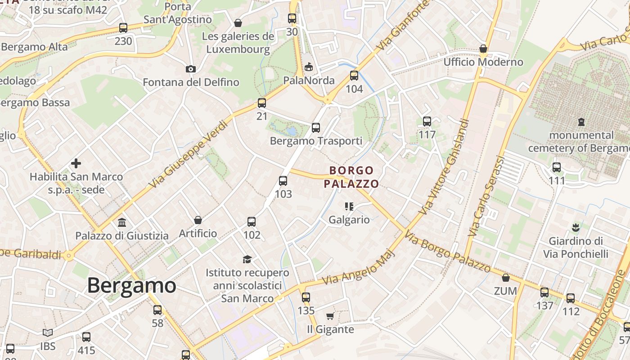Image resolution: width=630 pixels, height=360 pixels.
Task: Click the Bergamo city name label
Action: [131, 285]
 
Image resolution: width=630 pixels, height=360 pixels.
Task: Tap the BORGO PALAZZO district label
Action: [351, 177]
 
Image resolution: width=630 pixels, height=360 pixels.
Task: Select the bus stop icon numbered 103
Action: [283, 181]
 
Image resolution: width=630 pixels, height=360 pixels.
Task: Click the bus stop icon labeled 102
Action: [252, 222]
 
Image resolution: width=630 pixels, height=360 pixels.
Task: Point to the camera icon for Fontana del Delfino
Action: [191, 69]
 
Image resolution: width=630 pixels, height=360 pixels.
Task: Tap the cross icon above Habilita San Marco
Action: [76, 163]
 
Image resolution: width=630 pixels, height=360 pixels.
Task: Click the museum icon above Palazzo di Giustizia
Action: [122, 222]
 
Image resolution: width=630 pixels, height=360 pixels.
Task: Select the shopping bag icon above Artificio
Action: [198, 220]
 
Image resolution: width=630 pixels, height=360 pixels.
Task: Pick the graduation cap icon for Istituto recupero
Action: [247, 259]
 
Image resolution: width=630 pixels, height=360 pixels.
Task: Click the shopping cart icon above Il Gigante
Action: [330, 316]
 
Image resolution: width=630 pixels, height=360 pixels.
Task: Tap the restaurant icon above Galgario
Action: [349, 207]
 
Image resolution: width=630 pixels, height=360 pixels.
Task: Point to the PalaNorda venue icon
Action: [309, 67]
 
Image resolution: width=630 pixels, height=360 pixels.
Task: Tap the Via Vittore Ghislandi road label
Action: [444, 166]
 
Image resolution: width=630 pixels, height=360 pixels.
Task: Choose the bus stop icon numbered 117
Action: [427, 121]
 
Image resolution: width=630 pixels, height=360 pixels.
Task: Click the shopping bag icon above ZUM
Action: [506, 278]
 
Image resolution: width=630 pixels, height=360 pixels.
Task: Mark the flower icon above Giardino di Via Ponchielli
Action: [575, 228]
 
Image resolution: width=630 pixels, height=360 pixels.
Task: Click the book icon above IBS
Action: [48, 333]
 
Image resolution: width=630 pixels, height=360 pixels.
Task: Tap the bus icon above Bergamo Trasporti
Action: [316, 128]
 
